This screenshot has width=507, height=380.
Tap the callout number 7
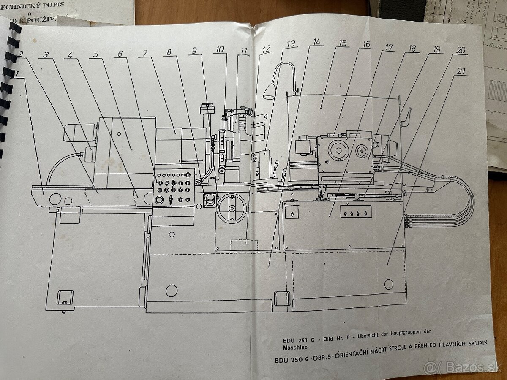[x=144, y=54]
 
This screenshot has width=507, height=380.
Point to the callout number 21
[x=462, y=71]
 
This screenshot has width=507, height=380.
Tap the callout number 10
[x=219, y=49]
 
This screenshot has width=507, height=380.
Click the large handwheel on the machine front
[x=232, y=208]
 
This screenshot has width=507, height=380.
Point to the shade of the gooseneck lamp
[x=270, y=91]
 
